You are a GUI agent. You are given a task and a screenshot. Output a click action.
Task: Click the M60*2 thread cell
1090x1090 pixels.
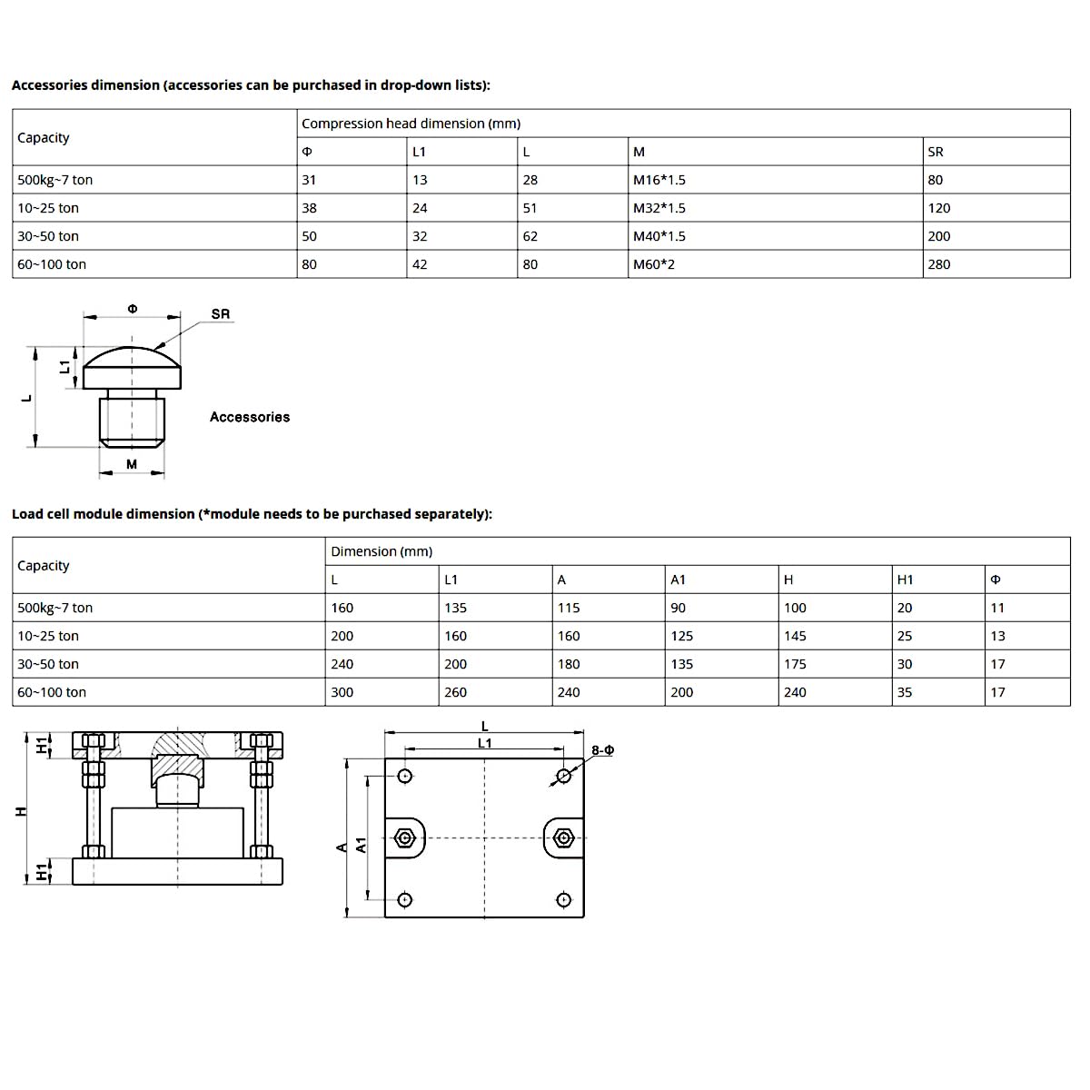coord(654,264)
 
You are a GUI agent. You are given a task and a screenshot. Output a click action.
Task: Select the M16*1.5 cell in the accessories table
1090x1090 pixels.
coord(659,180)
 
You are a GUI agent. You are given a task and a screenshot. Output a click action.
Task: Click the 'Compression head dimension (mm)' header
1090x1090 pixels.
coord(411,124)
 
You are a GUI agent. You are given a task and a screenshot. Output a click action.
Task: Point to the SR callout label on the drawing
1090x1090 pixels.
coord(221,314)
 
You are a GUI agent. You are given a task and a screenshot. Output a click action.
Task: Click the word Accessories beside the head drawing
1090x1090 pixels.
coord(250,417)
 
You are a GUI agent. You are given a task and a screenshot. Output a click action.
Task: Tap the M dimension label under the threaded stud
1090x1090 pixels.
coord(132,464)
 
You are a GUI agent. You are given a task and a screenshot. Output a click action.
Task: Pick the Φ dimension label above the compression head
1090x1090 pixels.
coord(133,309)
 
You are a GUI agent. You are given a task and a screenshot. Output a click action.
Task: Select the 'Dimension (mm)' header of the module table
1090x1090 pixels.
coord(381,551)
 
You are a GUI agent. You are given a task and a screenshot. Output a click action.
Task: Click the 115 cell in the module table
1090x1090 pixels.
coord(569,608)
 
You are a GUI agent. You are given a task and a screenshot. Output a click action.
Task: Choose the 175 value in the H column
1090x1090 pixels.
coord(795,664)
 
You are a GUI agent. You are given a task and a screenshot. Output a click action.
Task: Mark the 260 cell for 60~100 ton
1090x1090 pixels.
coord(455,692)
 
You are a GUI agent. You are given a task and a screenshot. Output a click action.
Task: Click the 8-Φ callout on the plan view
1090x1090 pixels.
coord(602,750)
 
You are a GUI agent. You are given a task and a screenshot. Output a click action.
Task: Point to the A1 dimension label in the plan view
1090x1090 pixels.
coord(361,845)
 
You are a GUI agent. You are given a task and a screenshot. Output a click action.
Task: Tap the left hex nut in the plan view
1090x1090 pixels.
coord(404,837)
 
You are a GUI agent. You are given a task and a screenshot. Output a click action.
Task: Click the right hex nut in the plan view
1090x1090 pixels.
coord(563,837)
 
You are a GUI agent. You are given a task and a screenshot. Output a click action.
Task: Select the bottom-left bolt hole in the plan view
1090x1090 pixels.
coord(405,899)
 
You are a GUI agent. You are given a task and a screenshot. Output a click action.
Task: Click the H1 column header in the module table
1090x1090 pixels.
coord(905,580)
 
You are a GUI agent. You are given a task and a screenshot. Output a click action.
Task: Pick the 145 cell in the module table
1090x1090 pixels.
coord(795,636)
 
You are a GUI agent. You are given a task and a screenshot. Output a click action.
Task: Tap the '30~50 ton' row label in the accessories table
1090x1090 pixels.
coord(48,236)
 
